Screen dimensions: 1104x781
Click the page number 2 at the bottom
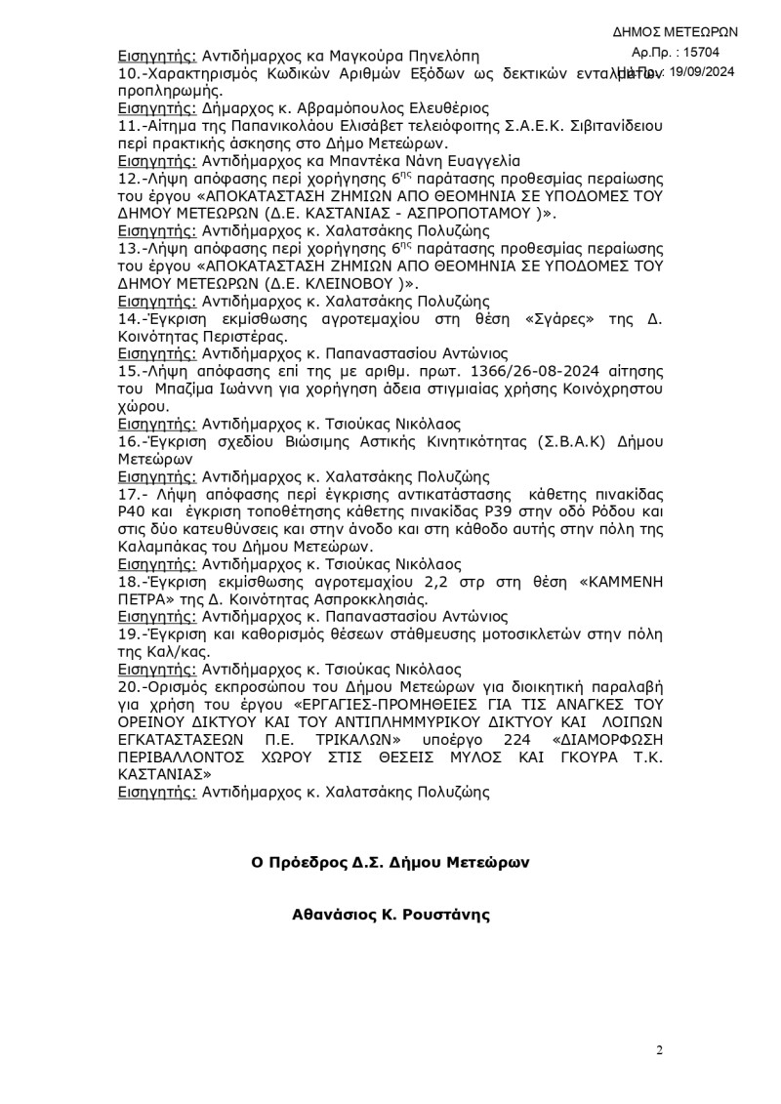[660, 1050]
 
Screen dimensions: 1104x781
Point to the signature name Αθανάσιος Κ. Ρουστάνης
[390, 916]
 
